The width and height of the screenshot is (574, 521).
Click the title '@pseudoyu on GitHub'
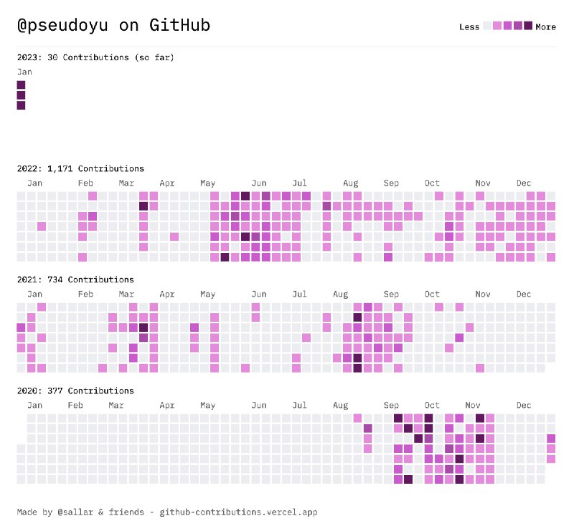click(113, 26)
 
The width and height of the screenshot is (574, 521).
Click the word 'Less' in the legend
click(469, 27)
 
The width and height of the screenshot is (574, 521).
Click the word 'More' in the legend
click(545, 27)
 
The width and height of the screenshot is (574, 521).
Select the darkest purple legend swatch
click(529, 26)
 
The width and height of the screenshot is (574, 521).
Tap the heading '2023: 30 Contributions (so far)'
click(95, 57)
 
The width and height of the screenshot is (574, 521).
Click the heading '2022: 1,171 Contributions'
click(80, 168)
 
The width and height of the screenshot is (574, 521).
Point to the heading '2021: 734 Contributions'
click(75, 279)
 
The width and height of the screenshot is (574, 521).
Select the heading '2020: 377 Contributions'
click(75, 391)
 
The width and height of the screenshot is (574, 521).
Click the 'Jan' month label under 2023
click(24, 72)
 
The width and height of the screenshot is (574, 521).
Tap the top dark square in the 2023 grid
click(21, 85)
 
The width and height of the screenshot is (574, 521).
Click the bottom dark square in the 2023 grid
click(21, 105)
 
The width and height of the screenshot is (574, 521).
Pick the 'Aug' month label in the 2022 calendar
click(350, 183)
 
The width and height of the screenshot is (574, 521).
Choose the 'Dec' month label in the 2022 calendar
click(523, 183)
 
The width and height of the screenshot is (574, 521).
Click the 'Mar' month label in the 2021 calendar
click(126, 294)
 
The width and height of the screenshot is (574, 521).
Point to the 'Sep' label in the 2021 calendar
click(391, 294)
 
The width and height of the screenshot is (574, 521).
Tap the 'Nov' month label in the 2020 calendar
click(482, 405)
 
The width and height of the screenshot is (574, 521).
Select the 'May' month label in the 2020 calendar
click(207, 405)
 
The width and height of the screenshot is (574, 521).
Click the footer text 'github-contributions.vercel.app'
click(238, 512)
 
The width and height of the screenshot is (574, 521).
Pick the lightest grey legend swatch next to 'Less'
click(487, 26)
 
